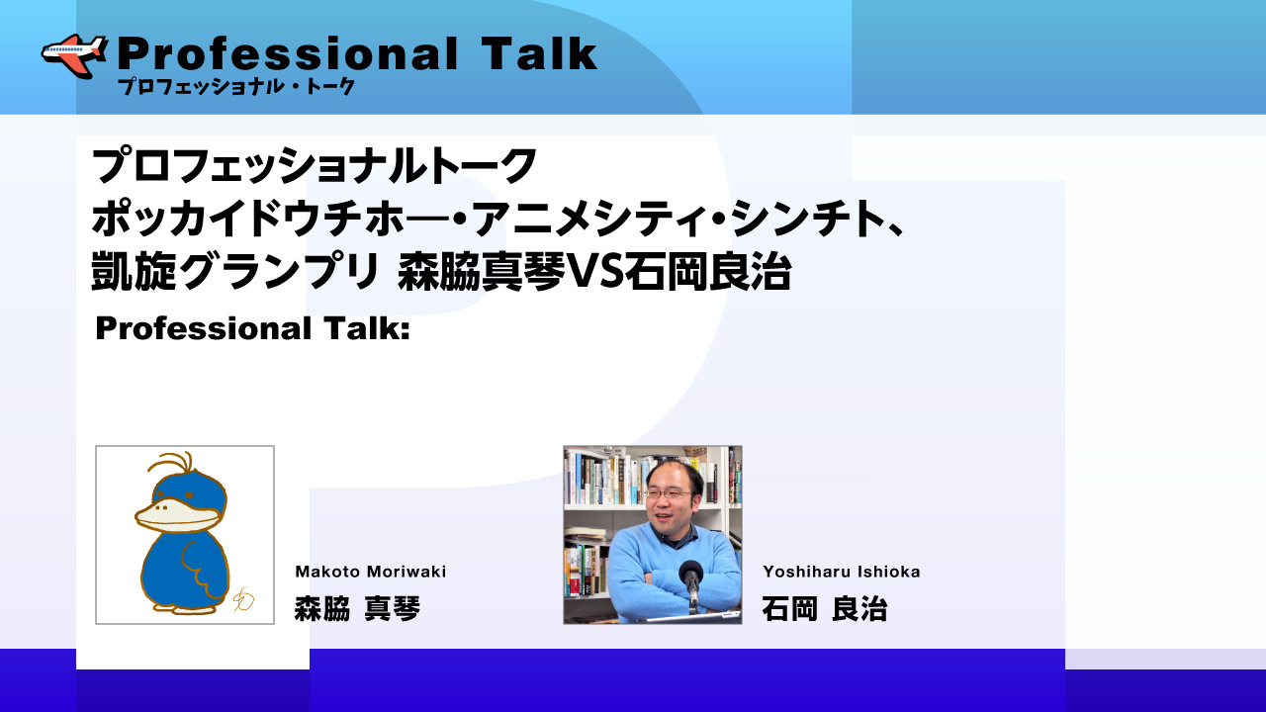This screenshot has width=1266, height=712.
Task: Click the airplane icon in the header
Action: [74, 55]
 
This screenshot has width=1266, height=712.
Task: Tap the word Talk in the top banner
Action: [540, 53]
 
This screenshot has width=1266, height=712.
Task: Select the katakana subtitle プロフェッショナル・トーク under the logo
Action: [236, 86]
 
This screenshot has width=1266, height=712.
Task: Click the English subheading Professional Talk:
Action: [252, 328]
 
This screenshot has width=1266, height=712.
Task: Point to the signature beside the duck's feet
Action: [243, 599]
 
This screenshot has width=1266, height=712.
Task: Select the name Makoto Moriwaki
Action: [370, 572]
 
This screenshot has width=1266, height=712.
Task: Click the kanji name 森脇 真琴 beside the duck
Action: [357, 609]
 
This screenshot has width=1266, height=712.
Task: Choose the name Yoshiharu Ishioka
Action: [841, 572]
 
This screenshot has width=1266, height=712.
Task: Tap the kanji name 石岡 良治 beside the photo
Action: [825, 609]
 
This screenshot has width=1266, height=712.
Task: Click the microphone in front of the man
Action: [690, 582]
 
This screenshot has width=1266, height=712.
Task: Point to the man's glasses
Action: [670, 493]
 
